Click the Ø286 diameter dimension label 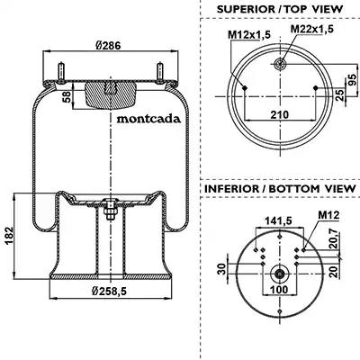click(x=108, y=46)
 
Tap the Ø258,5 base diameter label click(x=109, y=291)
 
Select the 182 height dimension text click(x=9, y=236)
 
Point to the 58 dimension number click(x=67, y=97)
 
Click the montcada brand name click(x=148, y=119)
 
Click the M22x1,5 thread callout click(x=312, y=29)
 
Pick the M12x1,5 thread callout click(x=249, y=35)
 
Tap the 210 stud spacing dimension click(x=279, y=114)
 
